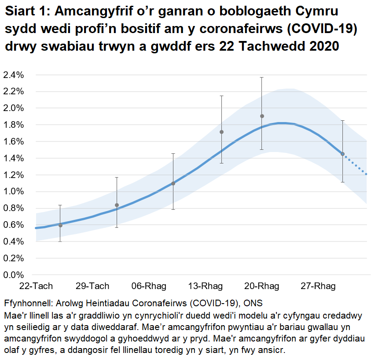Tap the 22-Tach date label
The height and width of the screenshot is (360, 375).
pos(36,286)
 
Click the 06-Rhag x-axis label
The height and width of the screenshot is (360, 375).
pos(149,286)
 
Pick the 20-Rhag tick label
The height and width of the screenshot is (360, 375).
pos(261,286)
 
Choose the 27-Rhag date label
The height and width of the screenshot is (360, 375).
pos(318,286)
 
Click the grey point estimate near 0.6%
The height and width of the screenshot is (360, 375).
pos(60,225)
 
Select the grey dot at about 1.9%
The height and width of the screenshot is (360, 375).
pos(262,116)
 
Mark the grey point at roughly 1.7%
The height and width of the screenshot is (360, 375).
pos(221,132)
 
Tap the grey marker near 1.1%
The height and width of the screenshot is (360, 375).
pos(173,183)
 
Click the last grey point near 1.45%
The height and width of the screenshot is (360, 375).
pos(342,154)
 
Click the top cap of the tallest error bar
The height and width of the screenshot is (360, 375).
pos(262,78)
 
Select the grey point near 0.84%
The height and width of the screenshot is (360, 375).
pos(117,205)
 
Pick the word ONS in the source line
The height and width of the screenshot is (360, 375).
pos(253,304)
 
